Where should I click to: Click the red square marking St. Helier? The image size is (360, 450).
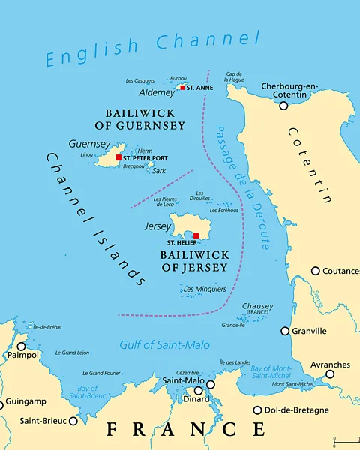click(196, 236)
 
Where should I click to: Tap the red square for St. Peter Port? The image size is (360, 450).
click(118, 157)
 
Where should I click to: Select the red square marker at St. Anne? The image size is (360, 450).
click(182, 88)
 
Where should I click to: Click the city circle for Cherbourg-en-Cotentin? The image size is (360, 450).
click(283, 106)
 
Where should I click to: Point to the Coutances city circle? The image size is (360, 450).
click(316, 271)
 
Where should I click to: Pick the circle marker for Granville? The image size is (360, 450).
click(285, 331)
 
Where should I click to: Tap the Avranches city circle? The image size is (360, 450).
click(329, 373)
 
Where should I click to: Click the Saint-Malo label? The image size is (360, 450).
click(182, 381)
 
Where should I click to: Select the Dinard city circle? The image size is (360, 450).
click(199, 391)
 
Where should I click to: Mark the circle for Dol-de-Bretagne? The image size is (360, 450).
click(257, 410)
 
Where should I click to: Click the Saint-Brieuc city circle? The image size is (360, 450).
click(73, 421)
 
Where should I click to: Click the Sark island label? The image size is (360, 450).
click(159, 171)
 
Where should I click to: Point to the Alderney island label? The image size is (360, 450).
click(156, 93)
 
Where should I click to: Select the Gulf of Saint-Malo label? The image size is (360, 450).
click(164, 345)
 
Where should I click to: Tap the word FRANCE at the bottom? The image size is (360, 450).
click(185, 430)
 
